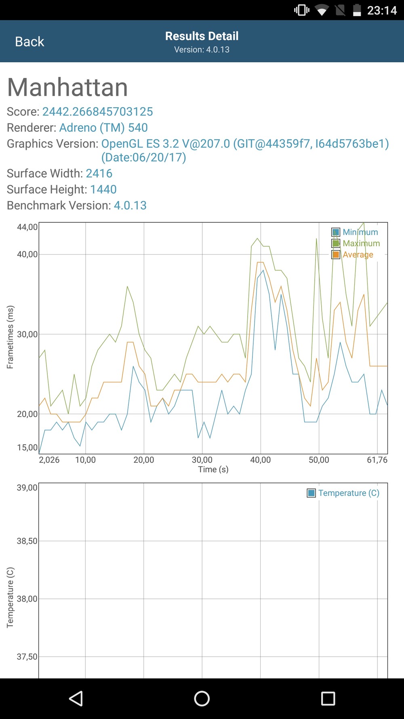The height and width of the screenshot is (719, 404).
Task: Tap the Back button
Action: coord(29,42)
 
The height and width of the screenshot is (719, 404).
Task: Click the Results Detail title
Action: coord(202,36)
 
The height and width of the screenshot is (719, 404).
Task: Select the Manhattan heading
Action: coord(67,87)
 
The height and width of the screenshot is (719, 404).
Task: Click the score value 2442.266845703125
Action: coord(97,112)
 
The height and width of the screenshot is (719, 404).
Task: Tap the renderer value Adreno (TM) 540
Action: coord(103,128)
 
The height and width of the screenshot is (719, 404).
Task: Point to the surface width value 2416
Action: coord(99,173)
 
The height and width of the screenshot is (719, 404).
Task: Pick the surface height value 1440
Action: coord(103,189)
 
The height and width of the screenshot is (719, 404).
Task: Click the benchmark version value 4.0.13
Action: coord(130,205)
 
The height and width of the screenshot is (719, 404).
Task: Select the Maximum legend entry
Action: coord(356,243)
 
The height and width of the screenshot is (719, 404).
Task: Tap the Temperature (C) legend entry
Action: coord(343,493)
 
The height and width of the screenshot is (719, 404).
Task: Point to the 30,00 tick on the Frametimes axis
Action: coord(27,334)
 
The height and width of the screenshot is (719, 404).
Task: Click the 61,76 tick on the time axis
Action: coord(377,460)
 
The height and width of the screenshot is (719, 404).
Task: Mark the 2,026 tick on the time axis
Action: coord(49,460)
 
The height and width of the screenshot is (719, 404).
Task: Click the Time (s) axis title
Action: coord(213,469)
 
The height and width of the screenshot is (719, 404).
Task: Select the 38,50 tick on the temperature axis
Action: coord(27,541)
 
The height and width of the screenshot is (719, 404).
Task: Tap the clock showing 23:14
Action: coord(382,10)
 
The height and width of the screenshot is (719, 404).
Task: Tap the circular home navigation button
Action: coord(202,698)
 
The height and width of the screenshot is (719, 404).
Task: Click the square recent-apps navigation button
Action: coord(328,698)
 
